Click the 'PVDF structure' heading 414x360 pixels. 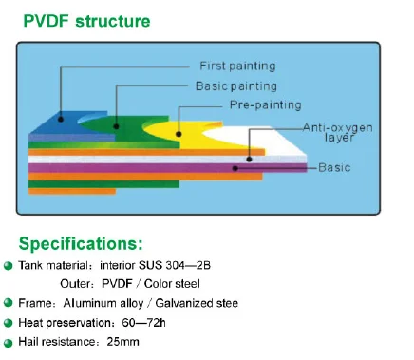(86, 22)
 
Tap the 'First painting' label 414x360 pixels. (237, 66)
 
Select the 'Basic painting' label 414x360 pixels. (236, 86)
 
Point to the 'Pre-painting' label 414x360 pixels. (265, 104)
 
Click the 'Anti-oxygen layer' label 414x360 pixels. (338, 132)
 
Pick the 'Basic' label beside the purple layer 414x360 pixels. (334, 167)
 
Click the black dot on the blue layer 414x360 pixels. (61, 119)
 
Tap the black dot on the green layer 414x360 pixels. (116, 126)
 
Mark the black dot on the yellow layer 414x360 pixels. (179, 134)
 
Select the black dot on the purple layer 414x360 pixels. (235, 168)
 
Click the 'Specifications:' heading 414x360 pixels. (81, 244)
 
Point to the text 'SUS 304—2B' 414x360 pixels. (175, 265)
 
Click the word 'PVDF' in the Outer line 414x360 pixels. (117, 284)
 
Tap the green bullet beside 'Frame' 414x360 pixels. (9, 303)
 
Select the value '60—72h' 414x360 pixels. (143, 323)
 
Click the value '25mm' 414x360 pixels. (122, 342)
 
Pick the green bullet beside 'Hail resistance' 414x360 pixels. (9, 343)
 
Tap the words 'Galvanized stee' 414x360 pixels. (197, 303)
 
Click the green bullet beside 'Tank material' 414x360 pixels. (9, 265)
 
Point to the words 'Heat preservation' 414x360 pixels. (66, 323)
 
